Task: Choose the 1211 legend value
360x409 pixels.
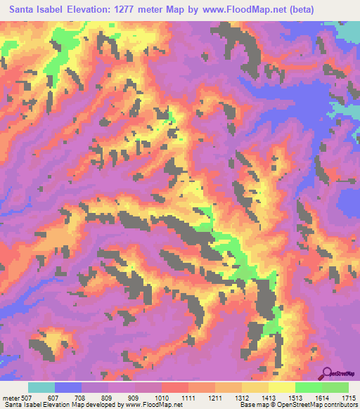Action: pos(215,396)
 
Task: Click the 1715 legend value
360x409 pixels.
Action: pos(348,396)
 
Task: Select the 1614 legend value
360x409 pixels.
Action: pos(321,396)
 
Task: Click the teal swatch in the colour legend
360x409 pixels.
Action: pos(41,387)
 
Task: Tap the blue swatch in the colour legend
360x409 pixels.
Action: pos(68,387)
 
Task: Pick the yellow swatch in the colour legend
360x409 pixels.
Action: pos(281,387)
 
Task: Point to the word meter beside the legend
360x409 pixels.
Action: pos(10,396)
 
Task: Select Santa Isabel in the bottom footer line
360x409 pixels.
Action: pos(19,404)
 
